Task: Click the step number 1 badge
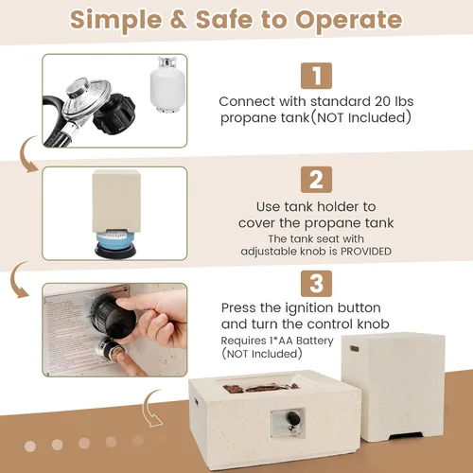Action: point(316,76)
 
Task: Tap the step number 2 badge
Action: point(316,180)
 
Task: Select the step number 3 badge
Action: point(316,284)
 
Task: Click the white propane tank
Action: point(167,84)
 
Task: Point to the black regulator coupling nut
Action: point(114,114)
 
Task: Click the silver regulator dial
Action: point(86,94)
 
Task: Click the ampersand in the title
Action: point(179,20)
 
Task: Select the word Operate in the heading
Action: point(349,21)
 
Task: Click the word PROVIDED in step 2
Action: point(366,252)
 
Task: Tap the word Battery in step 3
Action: point(315,341)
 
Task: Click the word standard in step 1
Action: point(340,101)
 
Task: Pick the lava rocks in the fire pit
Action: point(261,388)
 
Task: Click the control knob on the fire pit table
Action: point(293,418)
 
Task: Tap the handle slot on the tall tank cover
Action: point(354,348)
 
